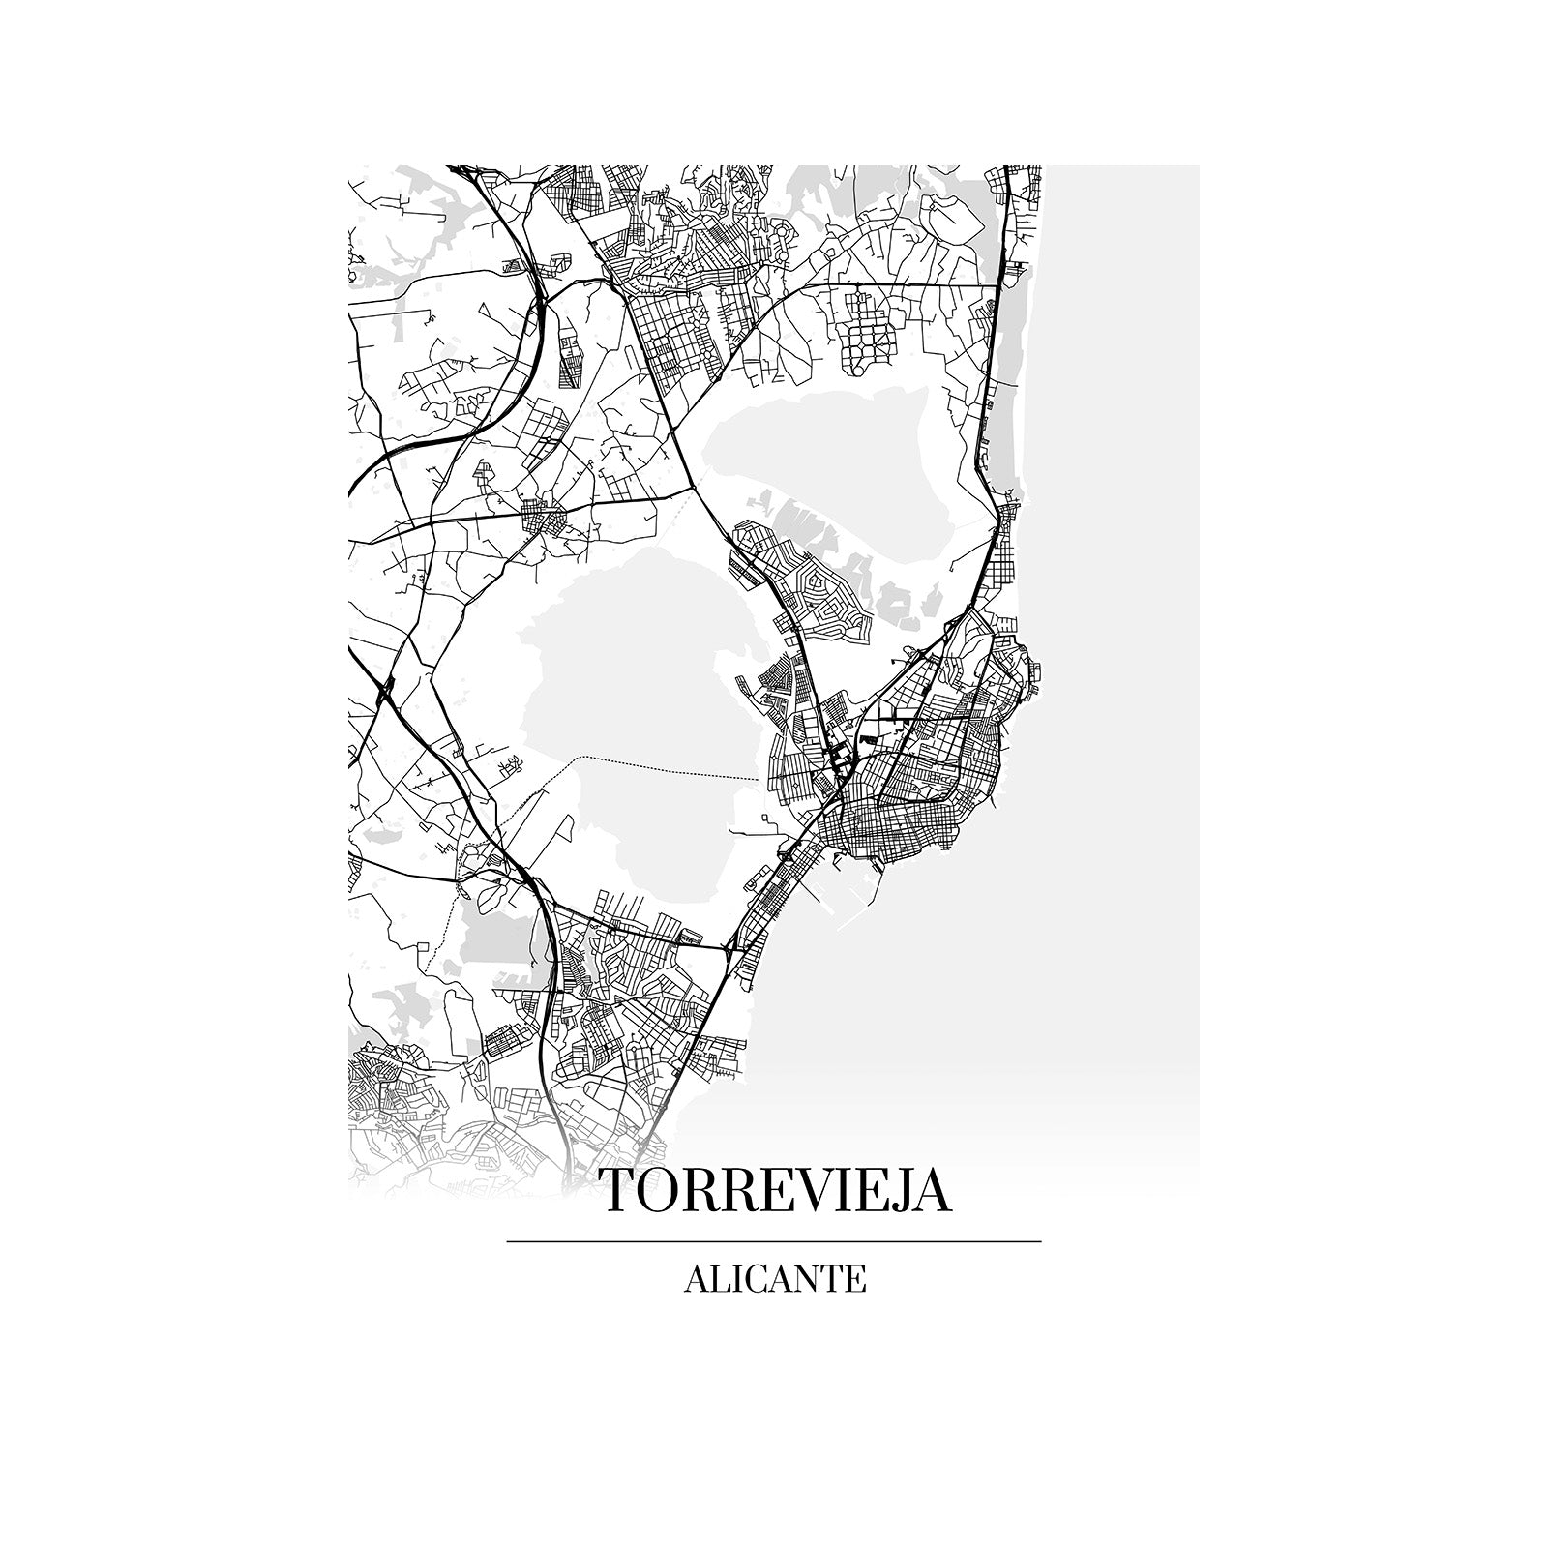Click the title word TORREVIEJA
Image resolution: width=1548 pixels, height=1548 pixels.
[x=775, y=1191]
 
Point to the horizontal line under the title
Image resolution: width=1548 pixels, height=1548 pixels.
[x=774, y=1240]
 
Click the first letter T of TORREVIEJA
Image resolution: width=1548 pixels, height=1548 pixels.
[x=619, y=1192]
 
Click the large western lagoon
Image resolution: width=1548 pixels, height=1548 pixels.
[x=619, y=677]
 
